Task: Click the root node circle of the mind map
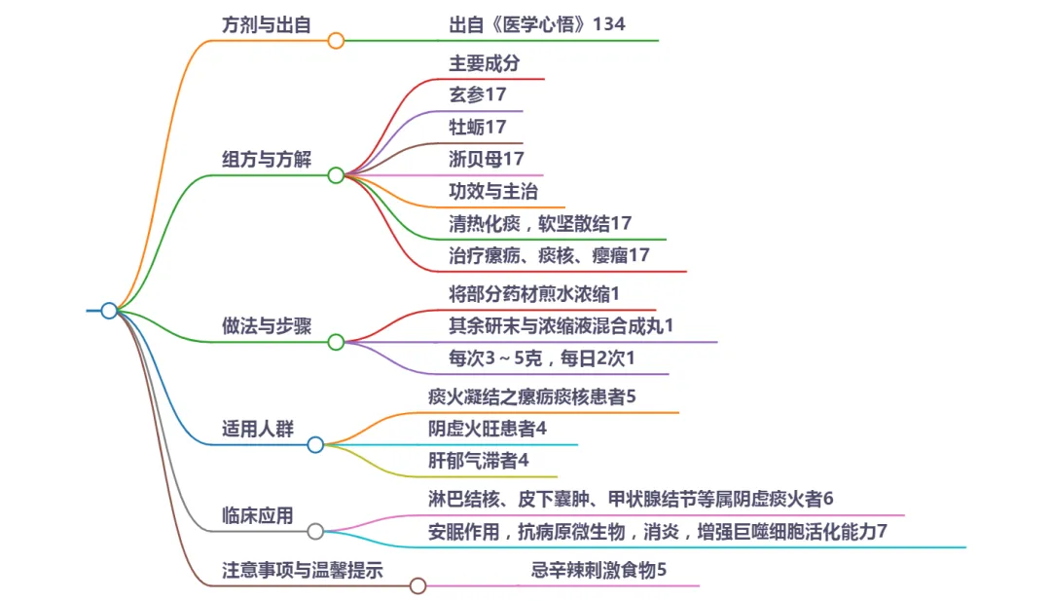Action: coord(109,311)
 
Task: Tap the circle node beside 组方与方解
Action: coord(336,175)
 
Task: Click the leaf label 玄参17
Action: coord(478,95)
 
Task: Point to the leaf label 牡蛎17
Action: coord(478,127)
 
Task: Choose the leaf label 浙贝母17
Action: coord(487,158)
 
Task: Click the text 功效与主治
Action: coord(493,191)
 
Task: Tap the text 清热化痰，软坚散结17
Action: coord(540,223)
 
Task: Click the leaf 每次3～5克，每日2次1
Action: coord(542,358)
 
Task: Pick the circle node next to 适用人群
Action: coord(315,445)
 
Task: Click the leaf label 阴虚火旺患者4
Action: coord(488,428)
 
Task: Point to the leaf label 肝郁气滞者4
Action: coord(479,460)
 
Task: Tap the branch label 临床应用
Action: coord(257,516)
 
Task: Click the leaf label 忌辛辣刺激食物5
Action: coord(598,570)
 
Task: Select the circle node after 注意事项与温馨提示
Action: coord(417,585)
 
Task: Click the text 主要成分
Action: coord(485,63)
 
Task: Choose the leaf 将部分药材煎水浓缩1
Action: coord(534,293)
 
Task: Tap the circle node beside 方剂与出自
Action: coord(336,41)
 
